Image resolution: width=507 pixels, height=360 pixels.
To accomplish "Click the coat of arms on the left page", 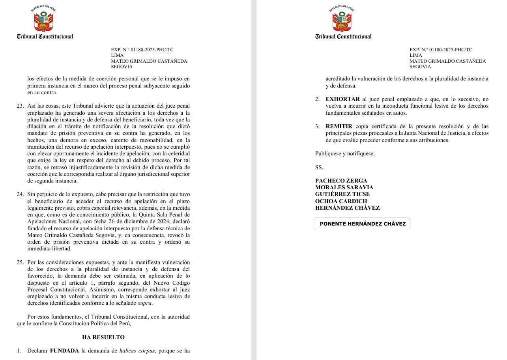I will pyautogui.click(x=43, y=20).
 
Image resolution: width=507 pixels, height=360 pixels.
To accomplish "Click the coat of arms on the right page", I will pyautogui.click(x=342, y=20).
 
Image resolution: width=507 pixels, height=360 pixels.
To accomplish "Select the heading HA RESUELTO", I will pyautogui.click(x=103, y=337).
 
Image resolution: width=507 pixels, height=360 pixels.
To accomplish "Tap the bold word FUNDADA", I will pyautogui.click(x=64, y=351).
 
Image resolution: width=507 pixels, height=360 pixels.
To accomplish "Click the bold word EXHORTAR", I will pyautogui.click(x=342, y=99).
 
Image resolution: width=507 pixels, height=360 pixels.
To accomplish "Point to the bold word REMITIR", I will pyautogui.click(x=339, y=127).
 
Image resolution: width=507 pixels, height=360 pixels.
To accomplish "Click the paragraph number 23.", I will pyautogui.click(x=20, y=106).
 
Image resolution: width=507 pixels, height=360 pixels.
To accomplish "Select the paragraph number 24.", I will pyautogui.click(x=20, y=194).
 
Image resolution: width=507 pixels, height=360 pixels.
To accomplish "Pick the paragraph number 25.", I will pyautogui.click(x=20, y=263).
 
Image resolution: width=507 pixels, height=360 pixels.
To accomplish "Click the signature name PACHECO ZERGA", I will pyautogui.click(x=341, y=181).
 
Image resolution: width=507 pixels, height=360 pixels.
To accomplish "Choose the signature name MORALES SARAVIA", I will pyautogui.click(x=344, y=187).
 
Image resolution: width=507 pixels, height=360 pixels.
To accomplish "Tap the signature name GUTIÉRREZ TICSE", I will pyautogui.click(x=342, y=194).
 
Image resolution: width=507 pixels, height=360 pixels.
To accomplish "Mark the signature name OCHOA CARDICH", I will pyautogui.click(x=341, y=201).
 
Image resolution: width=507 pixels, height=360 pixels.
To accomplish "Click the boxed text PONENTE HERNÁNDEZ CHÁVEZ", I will pyautogui.click(x=362, y=224).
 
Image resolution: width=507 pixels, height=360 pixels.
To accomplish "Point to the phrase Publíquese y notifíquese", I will pyautogui.click(x=344, y=154).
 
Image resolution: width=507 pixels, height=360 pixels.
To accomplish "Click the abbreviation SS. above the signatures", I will pyautogui.click(x=319, y=167).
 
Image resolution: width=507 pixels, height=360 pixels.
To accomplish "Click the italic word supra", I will pyautogui.click(x=144, y=303).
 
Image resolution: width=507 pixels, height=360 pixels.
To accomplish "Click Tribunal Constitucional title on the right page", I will pyautogui.click(x=343, y=37).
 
